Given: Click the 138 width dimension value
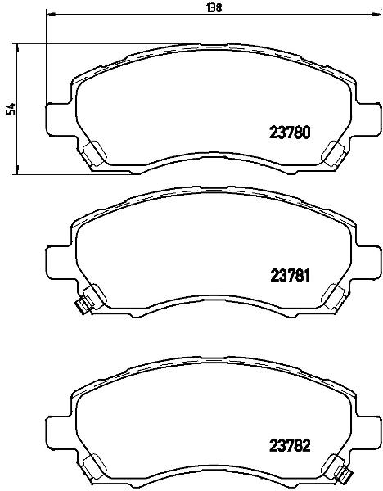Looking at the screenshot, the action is pos(214,7).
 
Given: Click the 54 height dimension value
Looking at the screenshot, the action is pos(11,108).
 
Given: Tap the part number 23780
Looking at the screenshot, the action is pos(290,133).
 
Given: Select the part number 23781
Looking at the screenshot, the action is pos(290,276).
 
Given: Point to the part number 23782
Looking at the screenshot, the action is pos(290,445).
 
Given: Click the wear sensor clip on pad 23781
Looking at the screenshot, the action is pos(82,306).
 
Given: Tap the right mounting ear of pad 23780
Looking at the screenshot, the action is pos(369,119).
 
